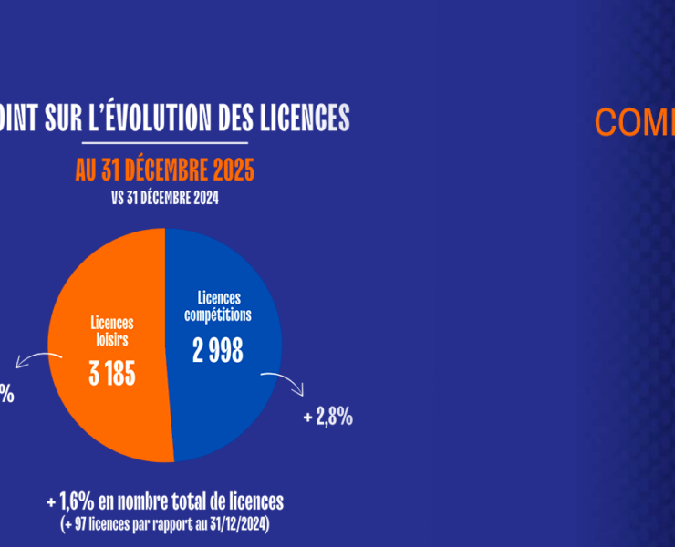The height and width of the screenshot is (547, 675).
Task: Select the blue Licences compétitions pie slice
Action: click(228, 392)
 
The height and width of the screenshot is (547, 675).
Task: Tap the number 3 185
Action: click(112, 374)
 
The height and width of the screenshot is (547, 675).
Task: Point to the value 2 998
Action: click(218, 350)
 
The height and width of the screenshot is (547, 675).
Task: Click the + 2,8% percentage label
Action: click(327, 418)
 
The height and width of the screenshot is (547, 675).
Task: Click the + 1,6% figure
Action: click(73, 501)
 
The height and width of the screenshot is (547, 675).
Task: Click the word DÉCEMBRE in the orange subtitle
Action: click(159, 170)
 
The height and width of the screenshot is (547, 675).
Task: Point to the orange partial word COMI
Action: click(634, 123)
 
